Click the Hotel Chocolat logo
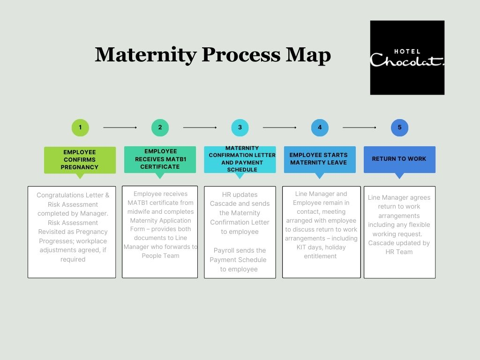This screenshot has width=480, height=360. point(407,58)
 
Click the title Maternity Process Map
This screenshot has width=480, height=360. point(213,55)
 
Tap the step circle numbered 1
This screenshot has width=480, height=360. point(80,127)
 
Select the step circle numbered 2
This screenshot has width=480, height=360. point(160,127)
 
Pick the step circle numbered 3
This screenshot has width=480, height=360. point(240,127)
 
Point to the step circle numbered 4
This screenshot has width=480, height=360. point(320,127)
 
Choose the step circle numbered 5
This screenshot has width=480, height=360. point(399,127)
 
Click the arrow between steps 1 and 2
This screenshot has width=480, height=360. point(120,127)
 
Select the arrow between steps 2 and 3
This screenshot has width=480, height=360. point(200,127)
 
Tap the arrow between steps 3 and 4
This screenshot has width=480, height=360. point(280,127)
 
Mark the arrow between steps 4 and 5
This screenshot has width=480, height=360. point(360,127)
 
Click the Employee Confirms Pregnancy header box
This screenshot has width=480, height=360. point(80,160)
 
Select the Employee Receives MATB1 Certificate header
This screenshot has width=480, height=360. point(160,159)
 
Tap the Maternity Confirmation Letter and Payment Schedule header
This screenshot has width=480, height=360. point(240,159)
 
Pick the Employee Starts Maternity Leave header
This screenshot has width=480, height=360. point(320,159)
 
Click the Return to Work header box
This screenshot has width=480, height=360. point(399,159)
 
